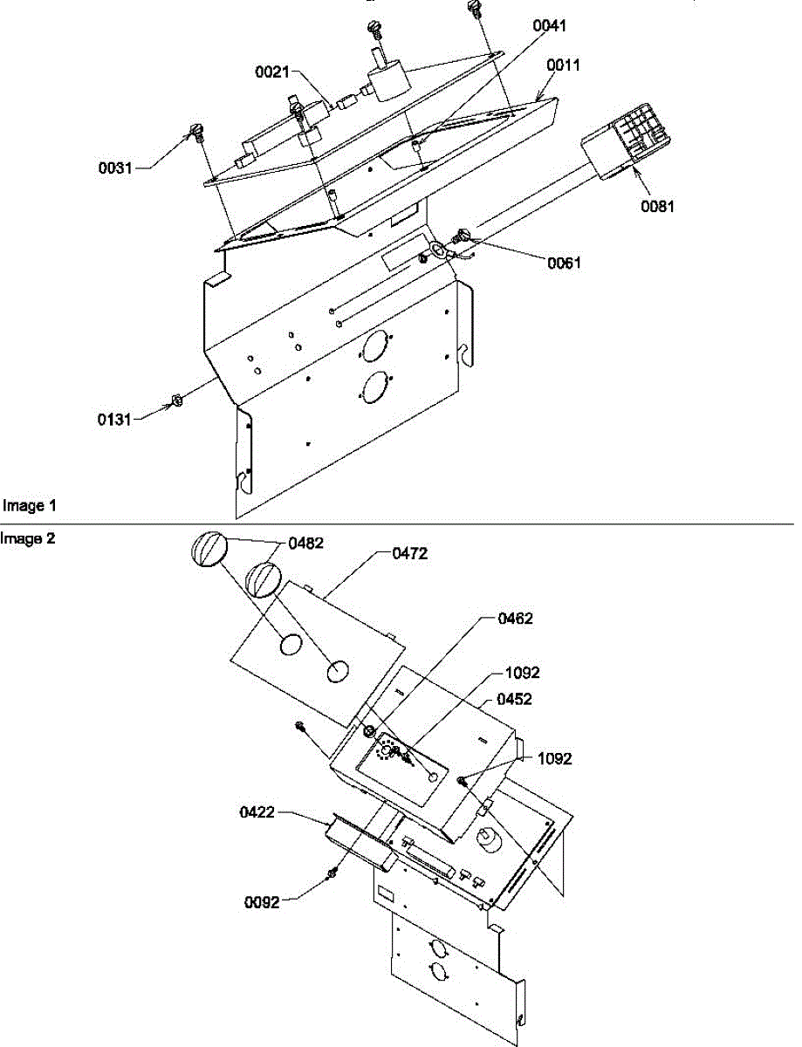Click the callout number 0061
(x=565, y=263)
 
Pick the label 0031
(x=114, y=168)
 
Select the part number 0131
(x=114, y=420)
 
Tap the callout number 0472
(x=410, y=553)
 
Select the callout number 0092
(x=262, y=902)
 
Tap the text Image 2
(x=29, y=538)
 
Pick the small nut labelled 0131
(x=174, y=400)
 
